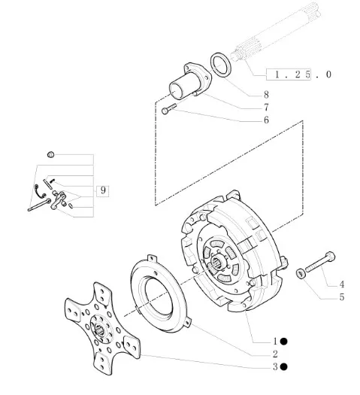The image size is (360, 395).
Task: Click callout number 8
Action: pos(266,95)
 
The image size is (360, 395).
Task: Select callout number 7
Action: pos(266,108)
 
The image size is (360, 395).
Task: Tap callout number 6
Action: pos(266,120)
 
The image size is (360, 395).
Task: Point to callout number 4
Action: pos(341,284)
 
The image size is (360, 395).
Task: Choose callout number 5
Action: pos(341,297)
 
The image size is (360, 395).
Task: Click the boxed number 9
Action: pos(103,190)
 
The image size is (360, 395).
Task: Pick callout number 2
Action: pos(275,354)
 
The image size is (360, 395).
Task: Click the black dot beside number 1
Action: pos(284,342)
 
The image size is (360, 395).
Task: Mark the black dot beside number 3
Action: pos(284,367)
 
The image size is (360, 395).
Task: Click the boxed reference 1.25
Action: pos(289,74)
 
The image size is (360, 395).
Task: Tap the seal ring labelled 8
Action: pos(220,65)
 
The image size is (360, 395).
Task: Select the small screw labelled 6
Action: pos(169,109)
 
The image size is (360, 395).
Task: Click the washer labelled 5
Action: pos(301,274)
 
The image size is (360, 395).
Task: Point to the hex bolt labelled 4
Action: pos(320,262)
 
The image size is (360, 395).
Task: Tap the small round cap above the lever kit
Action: pos(51,154)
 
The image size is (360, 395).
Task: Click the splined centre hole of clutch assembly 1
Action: pos(218,265)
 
